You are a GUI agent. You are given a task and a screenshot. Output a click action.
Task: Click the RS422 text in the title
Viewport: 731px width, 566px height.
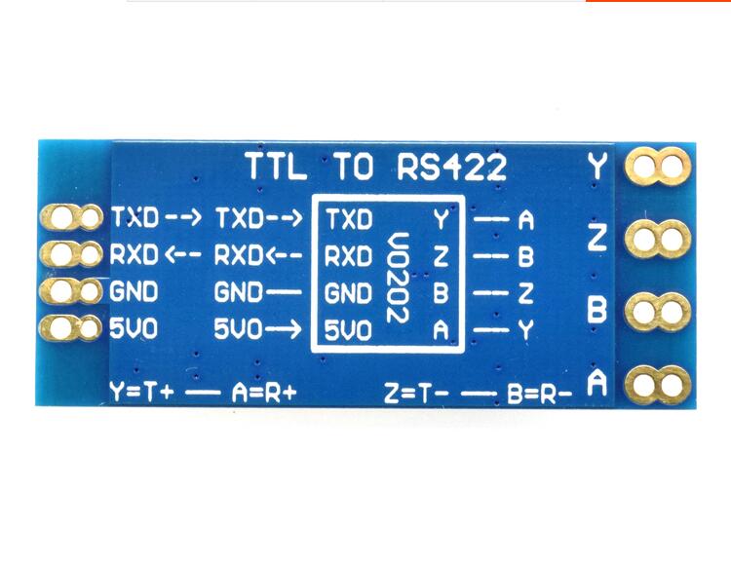coord(452,167)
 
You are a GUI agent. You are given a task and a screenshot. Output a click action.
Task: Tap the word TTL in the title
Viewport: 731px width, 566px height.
coord(276,167)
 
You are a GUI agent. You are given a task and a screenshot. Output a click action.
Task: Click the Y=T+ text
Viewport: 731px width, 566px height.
coord(143,394)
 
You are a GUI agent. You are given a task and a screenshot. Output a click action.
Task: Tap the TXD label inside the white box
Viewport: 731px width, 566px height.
coord(348,220)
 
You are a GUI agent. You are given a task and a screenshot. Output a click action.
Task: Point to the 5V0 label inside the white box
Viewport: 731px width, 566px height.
coord(348,330)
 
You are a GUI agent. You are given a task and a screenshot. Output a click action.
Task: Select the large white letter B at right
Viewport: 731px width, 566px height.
coord(597,311)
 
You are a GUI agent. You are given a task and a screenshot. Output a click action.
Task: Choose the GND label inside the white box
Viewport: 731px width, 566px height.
coord(348,293)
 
